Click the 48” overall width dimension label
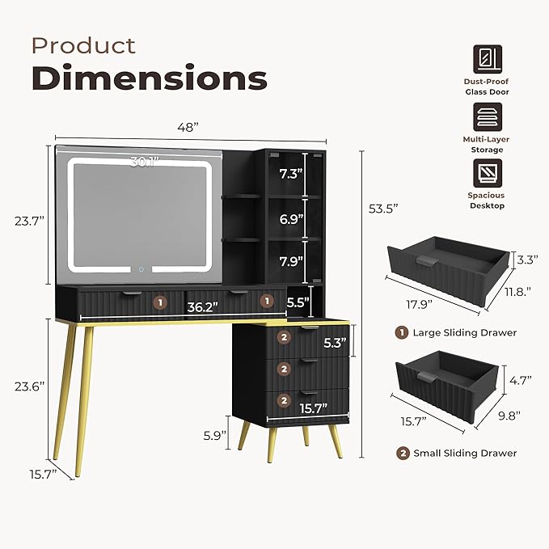click(x=188, y=127)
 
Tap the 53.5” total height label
click(x=383, y=209)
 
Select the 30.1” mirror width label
click(x=145, y=162)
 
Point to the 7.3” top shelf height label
click(x=290, y=173)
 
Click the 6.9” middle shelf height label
click(x=291, y=219)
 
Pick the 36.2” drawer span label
click(x=202, y=307)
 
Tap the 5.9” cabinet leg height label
click(x=215, y=436)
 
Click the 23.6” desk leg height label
click(x=30, y=386)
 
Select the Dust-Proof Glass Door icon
click(x=488, y=59)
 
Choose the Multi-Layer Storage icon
click(x=488, y=117)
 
